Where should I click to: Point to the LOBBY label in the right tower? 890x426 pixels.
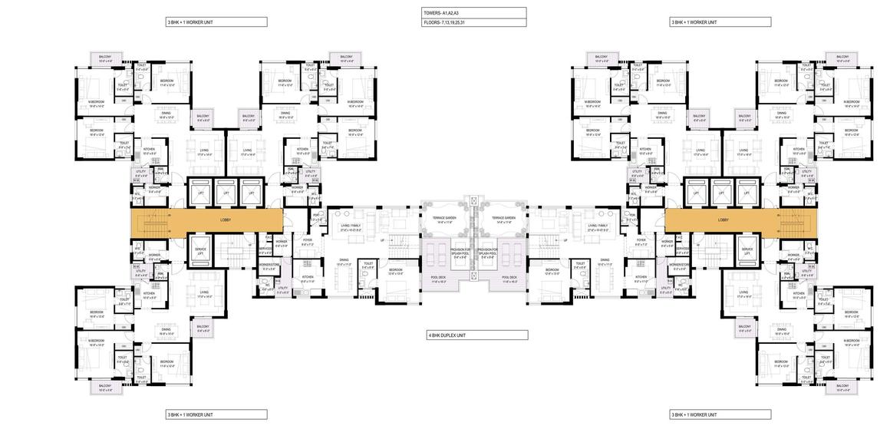(x=723, y=220)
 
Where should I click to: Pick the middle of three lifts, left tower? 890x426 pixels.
(x=226, y=193)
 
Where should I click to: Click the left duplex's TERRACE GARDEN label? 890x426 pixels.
(x=447, y=220)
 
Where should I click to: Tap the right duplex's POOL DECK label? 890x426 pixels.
(x=509, y=279)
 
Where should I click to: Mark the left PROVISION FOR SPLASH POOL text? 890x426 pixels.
(x=461, y=252)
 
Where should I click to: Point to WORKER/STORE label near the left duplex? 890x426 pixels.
(x=269, y=266)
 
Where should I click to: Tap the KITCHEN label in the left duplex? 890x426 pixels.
(x=307, y=278)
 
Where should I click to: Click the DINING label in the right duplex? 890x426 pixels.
(x=606, y=265)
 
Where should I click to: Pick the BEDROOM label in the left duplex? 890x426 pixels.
(x=396, y=271)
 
